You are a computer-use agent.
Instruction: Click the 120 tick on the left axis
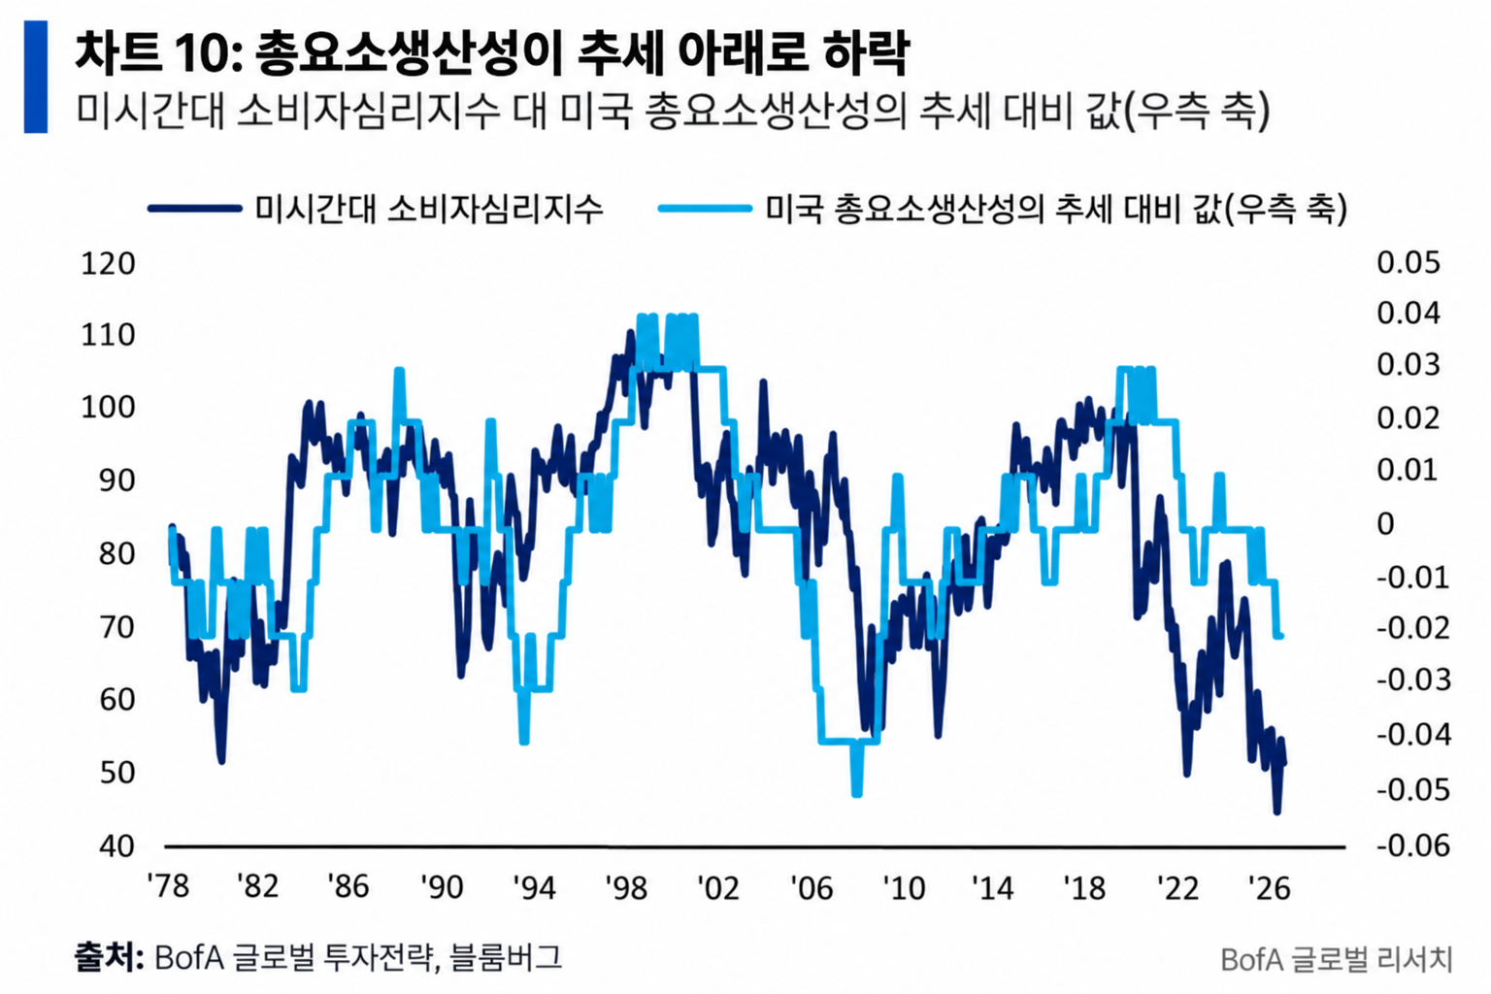(x=108, y=264)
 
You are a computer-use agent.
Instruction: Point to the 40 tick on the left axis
(x=116, y=846)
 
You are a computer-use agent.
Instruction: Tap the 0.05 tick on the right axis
(x=1408, y=263)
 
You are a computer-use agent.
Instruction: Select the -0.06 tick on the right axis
(x=1412, y=846)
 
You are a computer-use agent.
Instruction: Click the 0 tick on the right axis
(x=1385, y=524)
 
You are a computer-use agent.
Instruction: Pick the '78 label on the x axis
(x=168, y=887)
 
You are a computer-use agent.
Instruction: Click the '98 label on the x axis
(x=626, y=887)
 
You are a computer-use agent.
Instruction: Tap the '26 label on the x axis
(x=1270, y=887)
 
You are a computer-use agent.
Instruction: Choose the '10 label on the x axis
(x=904, y=887)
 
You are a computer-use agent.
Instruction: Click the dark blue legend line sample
(x=194, y=209)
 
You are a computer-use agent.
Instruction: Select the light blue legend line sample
(x=705, y=209)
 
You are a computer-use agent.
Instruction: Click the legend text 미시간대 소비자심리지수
(x=429, y=209)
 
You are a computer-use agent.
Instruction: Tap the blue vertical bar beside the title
(x=36, y=77)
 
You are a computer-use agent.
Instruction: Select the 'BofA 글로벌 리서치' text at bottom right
(x=1337, y=960)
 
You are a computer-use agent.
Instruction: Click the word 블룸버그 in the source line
(x=506, y=957)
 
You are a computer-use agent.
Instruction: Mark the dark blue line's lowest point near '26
(x=1276, y=812)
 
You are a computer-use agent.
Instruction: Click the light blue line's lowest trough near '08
(x=857, y=794)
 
